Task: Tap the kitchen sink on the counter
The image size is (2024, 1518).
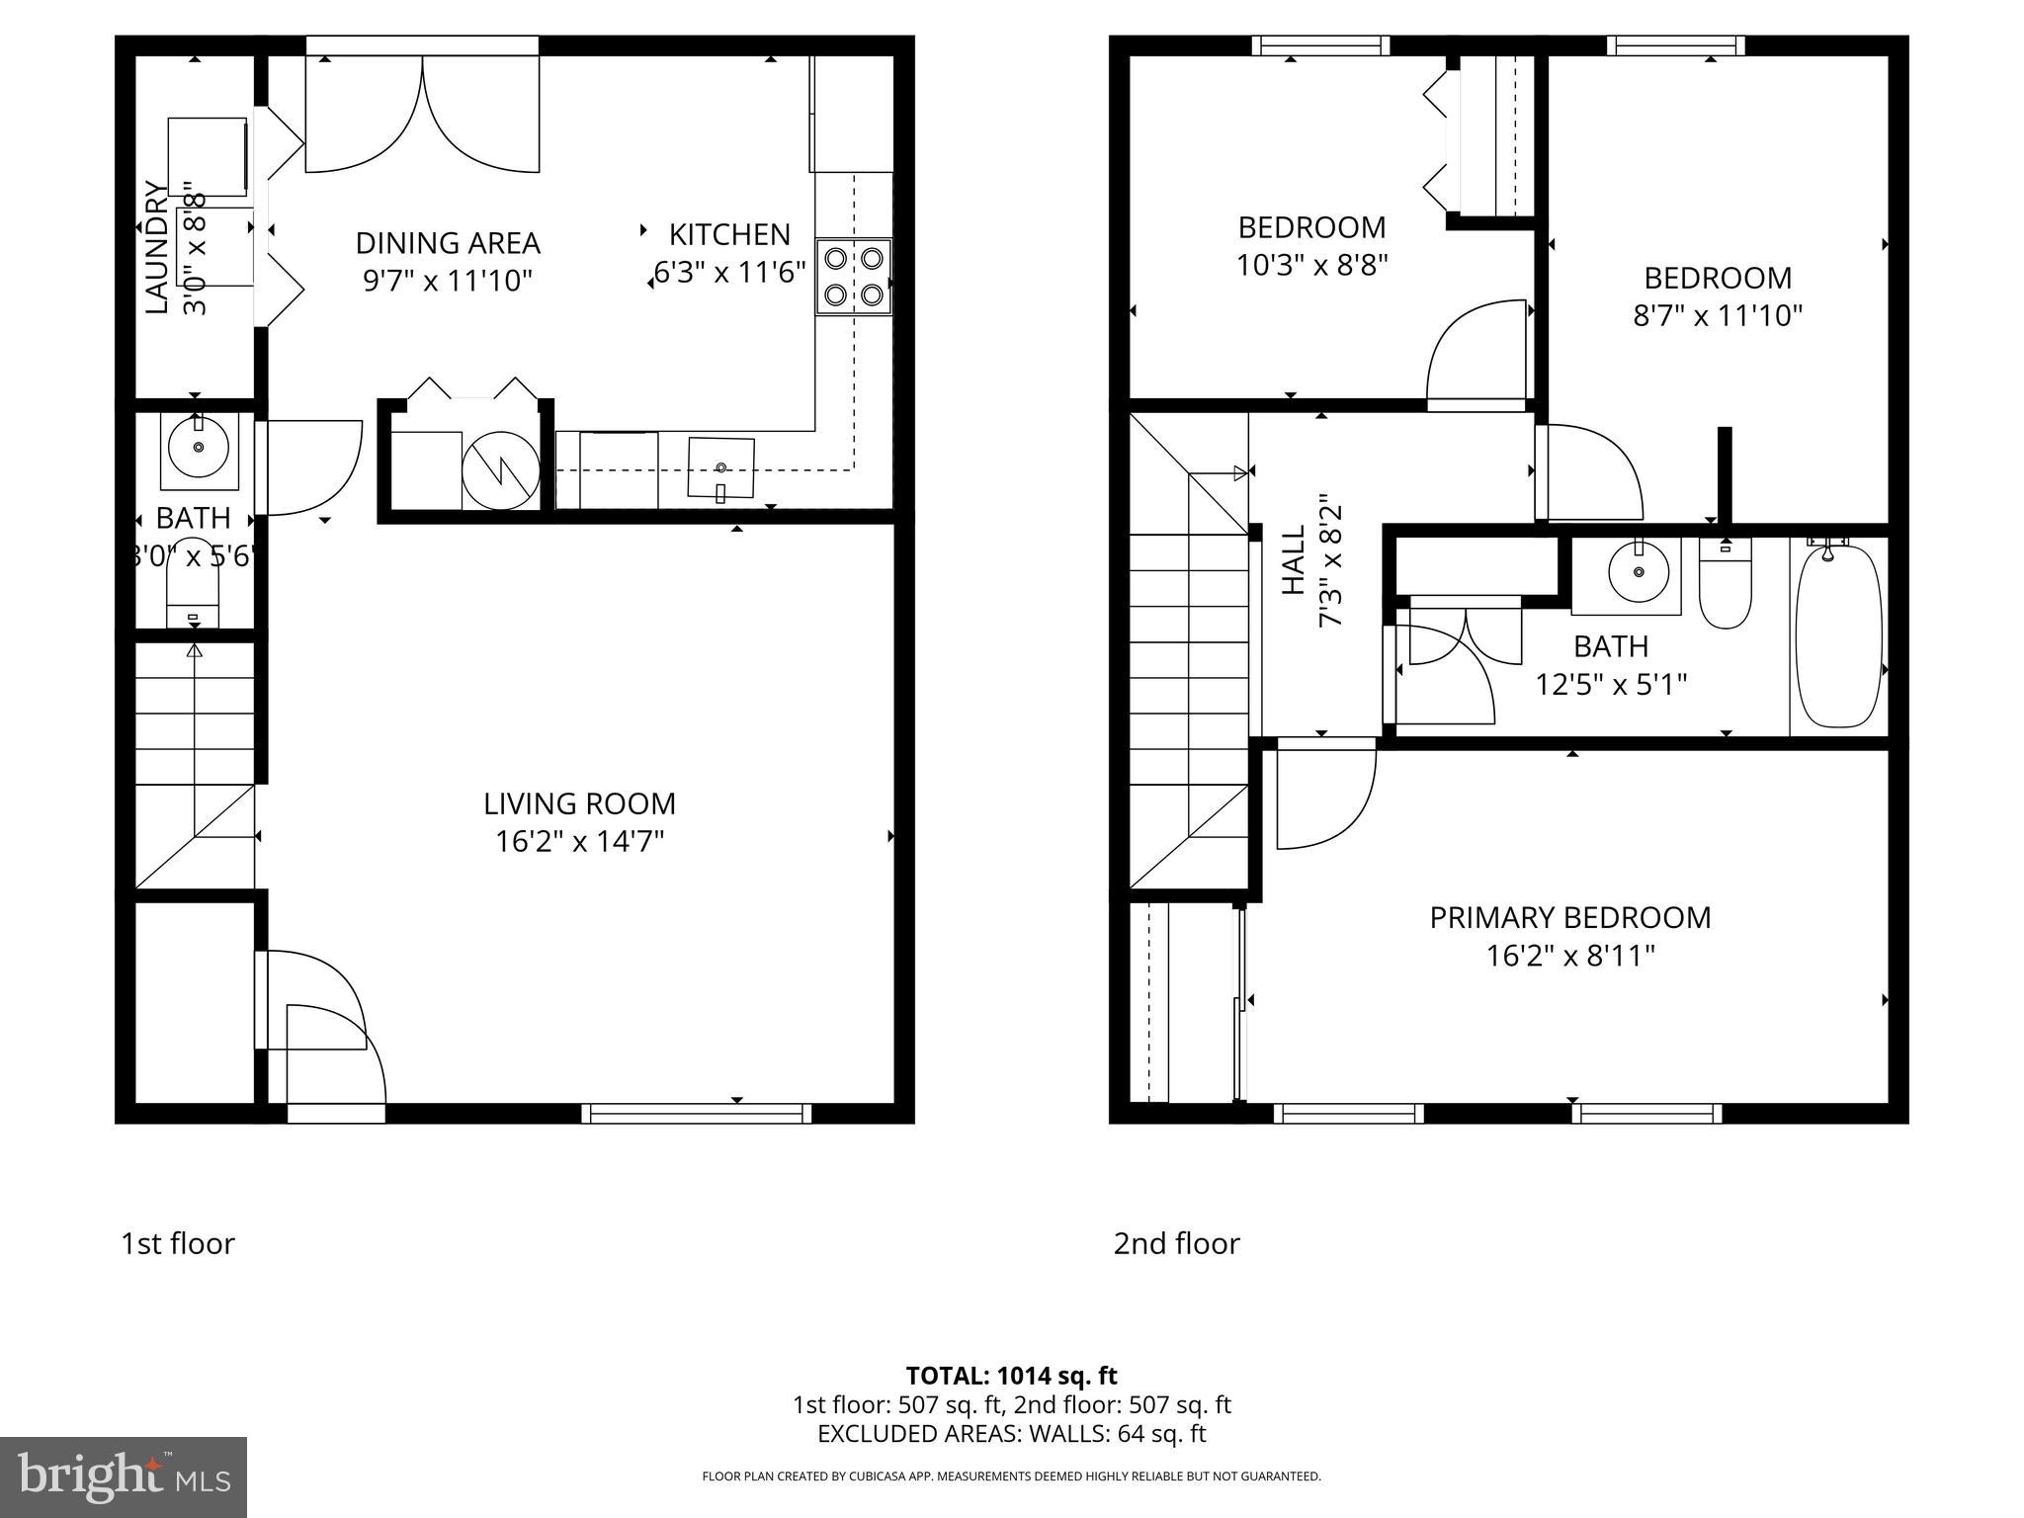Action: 720,467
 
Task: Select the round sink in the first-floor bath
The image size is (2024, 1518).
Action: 199,448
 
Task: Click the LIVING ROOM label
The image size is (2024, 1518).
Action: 579,803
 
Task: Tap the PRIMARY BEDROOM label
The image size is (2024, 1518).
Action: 1569,917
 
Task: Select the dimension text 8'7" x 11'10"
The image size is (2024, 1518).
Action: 1718,316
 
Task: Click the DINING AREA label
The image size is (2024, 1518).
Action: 448,243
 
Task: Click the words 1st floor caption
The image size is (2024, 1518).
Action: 178,1243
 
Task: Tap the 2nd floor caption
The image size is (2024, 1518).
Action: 1176,1243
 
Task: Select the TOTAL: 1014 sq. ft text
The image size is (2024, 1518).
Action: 1011,1376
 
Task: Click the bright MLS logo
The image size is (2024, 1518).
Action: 124,1477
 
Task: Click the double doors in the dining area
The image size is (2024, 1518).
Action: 422,114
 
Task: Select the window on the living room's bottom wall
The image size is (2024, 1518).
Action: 697,1114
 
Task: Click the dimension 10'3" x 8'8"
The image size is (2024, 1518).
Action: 1311,266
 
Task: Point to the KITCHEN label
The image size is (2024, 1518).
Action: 729,235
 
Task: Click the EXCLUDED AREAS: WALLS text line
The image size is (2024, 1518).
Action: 1011,1434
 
